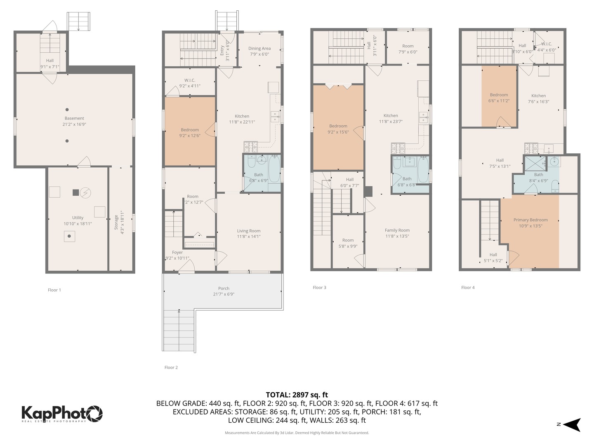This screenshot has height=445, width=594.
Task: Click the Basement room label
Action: tap(74, 118)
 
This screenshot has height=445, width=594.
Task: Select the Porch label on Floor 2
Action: tap(224, 288)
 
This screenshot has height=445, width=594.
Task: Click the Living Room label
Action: tap(248, 231)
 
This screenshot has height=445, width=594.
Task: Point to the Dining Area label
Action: tap(259, 49)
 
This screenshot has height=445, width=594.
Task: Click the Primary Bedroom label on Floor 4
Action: tap(530, 220)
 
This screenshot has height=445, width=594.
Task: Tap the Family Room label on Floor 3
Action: tap(397, 230)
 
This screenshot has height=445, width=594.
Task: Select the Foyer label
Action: tap(177, 253)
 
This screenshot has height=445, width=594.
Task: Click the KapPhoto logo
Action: tap(62, 413)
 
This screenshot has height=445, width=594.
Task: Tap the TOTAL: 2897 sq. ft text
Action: tap(297, 395)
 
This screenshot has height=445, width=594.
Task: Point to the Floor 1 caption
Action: tap(54, 290)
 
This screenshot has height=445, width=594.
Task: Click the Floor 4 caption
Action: tap(468, 288)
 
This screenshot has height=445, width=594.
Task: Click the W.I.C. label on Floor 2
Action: tap(190, 80)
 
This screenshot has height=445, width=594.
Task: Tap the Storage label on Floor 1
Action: tap(116, 222)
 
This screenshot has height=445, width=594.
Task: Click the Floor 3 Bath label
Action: tap(407, 179)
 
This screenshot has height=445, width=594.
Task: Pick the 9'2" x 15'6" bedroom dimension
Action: tap(338, 132)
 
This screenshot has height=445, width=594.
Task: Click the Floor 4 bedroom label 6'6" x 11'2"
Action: tap(499, 101)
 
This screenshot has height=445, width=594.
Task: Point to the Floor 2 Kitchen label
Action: tap(242, 116)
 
